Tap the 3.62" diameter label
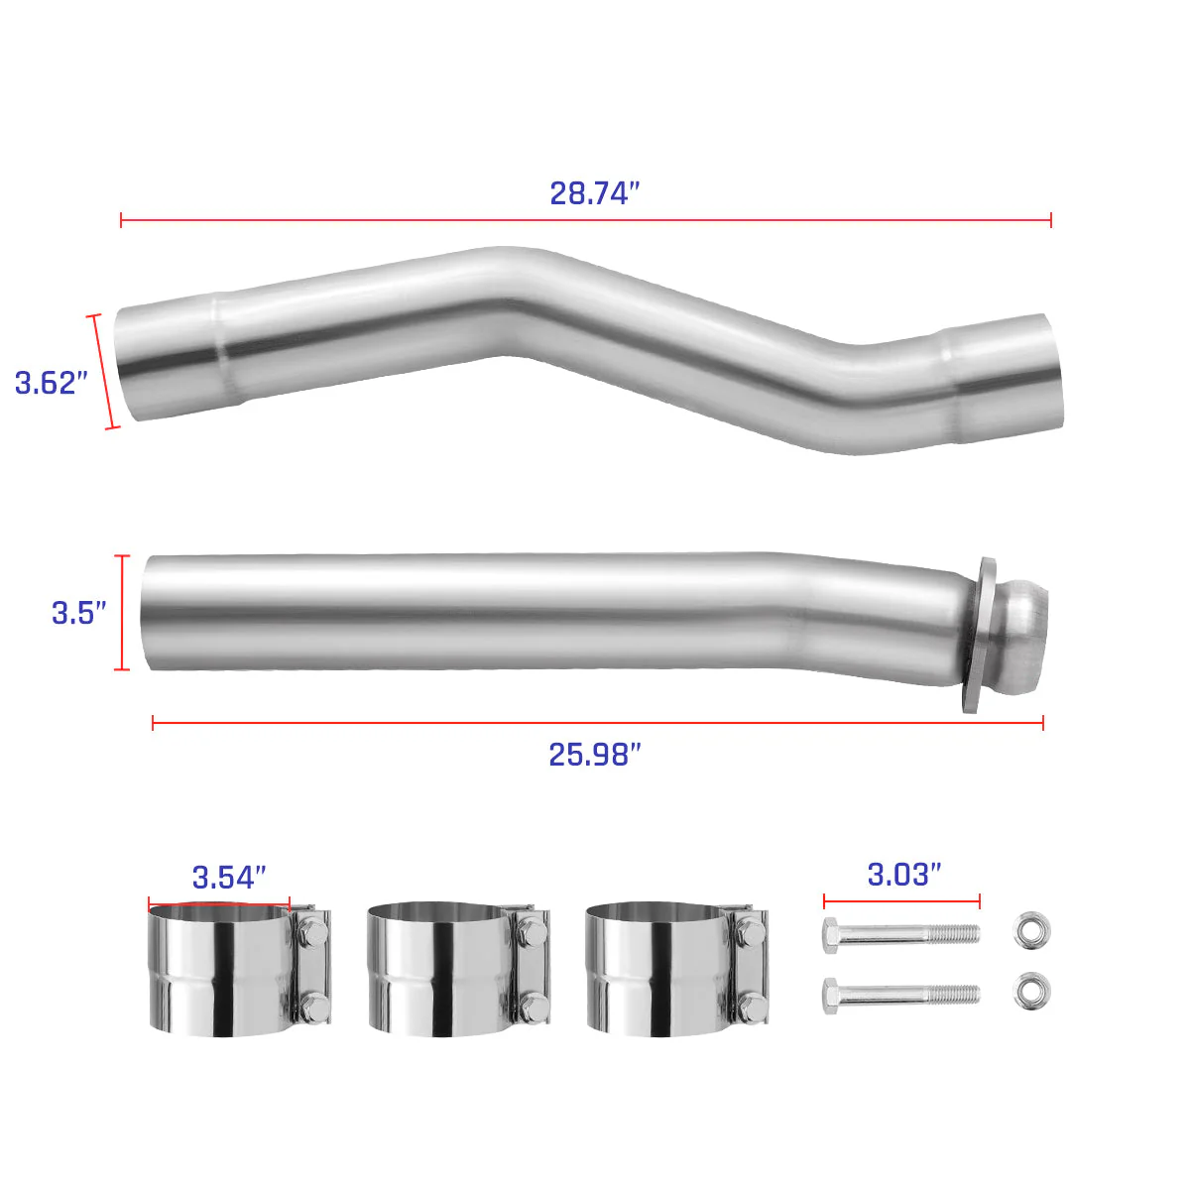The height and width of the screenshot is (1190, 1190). pos(52,383)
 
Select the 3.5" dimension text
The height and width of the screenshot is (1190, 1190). pos(79,613)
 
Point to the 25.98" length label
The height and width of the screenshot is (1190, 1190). pos(595,755)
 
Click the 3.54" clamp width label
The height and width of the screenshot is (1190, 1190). pos(229,878)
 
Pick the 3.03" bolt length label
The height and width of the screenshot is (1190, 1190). pos(904,875)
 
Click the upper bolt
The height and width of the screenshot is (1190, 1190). pos(900,933)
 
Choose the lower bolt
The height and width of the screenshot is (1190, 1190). pos(900,994)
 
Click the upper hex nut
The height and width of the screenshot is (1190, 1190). pos(1032,930)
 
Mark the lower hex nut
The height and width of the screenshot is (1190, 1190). pos(1032,992)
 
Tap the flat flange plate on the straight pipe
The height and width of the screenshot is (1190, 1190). pos(978,635)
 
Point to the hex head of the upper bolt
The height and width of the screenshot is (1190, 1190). pos(833,934)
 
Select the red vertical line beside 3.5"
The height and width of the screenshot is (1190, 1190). pos(123,613)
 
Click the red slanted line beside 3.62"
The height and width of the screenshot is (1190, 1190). pos(104,372)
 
